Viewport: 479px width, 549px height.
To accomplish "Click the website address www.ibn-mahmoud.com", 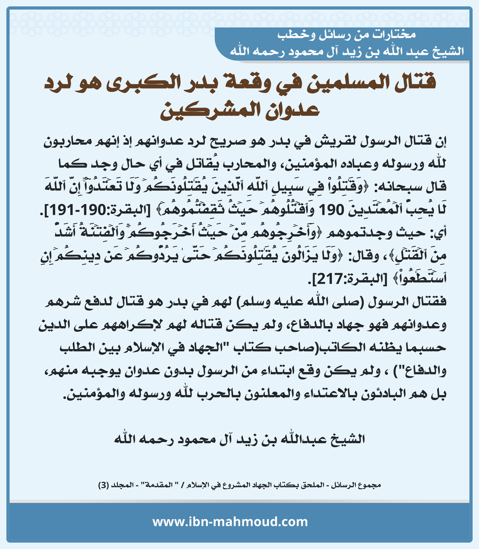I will (230, 522).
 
